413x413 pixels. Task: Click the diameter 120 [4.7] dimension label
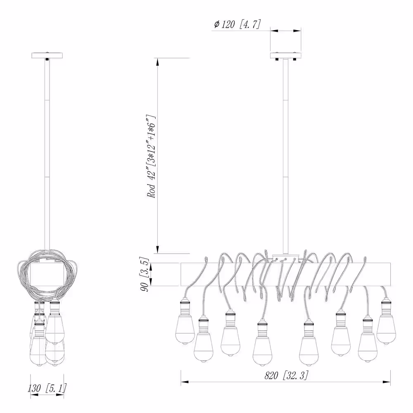coord(237,24)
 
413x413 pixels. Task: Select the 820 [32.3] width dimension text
coord(286,375)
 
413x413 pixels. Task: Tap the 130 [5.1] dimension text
coord(47,388)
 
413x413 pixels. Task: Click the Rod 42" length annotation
coord(152,156)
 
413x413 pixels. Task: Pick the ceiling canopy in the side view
coord(47,56)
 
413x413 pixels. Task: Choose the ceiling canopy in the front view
coord(286,56)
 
